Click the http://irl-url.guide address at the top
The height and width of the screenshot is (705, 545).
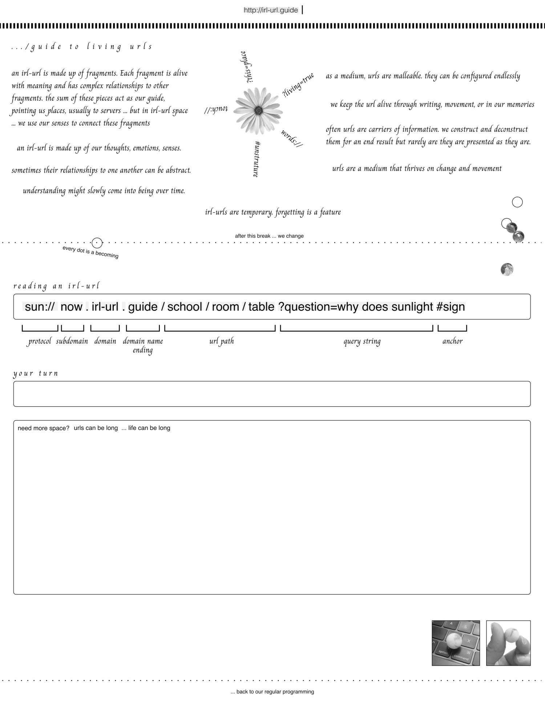[x=271, y=10]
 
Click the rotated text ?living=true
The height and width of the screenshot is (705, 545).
[x=298, y=85]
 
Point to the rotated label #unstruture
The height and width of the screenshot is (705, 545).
[x=257, y=159]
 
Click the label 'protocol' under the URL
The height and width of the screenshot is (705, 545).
[x=40, y=341]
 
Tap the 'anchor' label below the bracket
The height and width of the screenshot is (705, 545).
[x=452, y=341]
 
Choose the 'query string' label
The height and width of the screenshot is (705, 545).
[x=362, y=341]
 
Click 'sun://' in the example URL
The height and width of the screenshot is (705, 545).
[x=40, y=307]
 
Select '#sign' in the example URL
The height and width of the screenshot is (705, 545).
[x=451, y=307]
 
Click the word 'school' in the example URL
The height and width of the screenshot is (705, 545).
[x=185, y=307]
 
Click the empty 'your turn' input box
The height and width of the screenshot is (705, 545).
[x=272, y=394]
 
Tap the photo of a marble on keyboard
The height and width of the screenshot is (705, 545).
[x=456, y=643]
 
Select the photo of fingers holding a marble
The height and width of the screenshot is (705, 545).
[x=508, y=643]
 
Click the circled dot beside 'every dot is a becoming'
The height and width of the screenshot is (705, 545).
[x=97, y=243]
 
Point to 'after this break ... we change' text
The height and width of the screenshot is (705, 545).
[x=269, y=236]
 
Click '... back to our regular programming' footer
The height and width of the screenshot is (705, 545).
[x=272, y=692]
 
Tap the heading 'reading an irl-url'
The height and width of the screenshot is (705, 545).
[x=56, y=286]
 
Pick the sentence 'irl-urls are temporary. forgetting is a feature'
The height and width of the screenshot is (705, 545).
[x=273, y=212]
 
